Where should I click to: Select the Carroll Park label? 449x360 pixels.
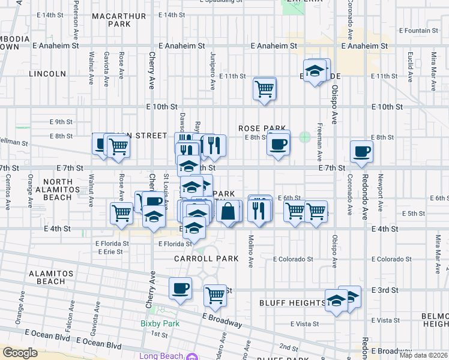206,259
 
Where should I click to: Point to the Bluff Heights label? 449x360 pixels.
292,303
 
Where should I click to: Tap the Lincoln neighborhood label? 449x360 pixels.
51,74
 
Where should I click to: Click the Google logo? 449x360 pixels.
20,353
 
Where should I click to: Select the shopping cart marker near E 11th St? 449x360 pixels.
264,89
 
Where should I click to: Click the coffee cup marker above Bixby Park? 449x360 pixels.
180,289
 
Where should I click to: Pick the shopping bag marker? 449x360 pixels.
229,212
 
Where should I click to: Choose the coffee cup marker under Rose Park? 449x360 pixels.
278,143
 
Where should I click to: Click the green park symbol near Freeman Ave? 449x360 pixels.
306,137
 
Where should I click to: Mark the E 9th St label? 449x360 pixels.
62,122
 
